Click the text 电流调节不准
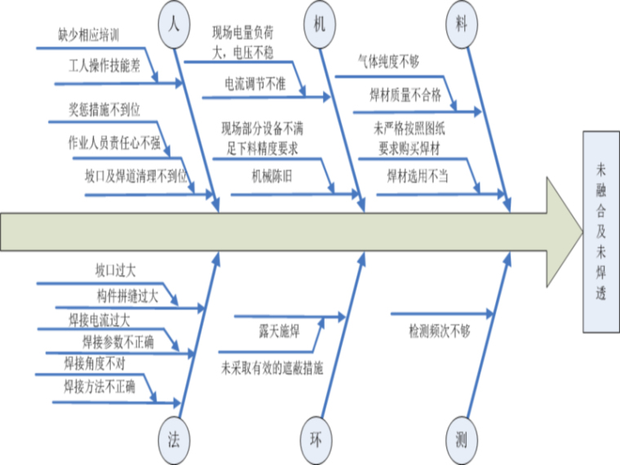255,83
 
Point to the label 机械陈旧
272,175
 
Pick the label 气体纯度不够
388,62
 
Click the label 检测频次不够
440,330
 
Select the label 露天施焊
274,330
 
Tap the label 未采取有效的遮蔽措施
272,367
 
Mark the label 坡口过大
115,268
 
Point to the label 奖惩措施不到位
109,110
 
